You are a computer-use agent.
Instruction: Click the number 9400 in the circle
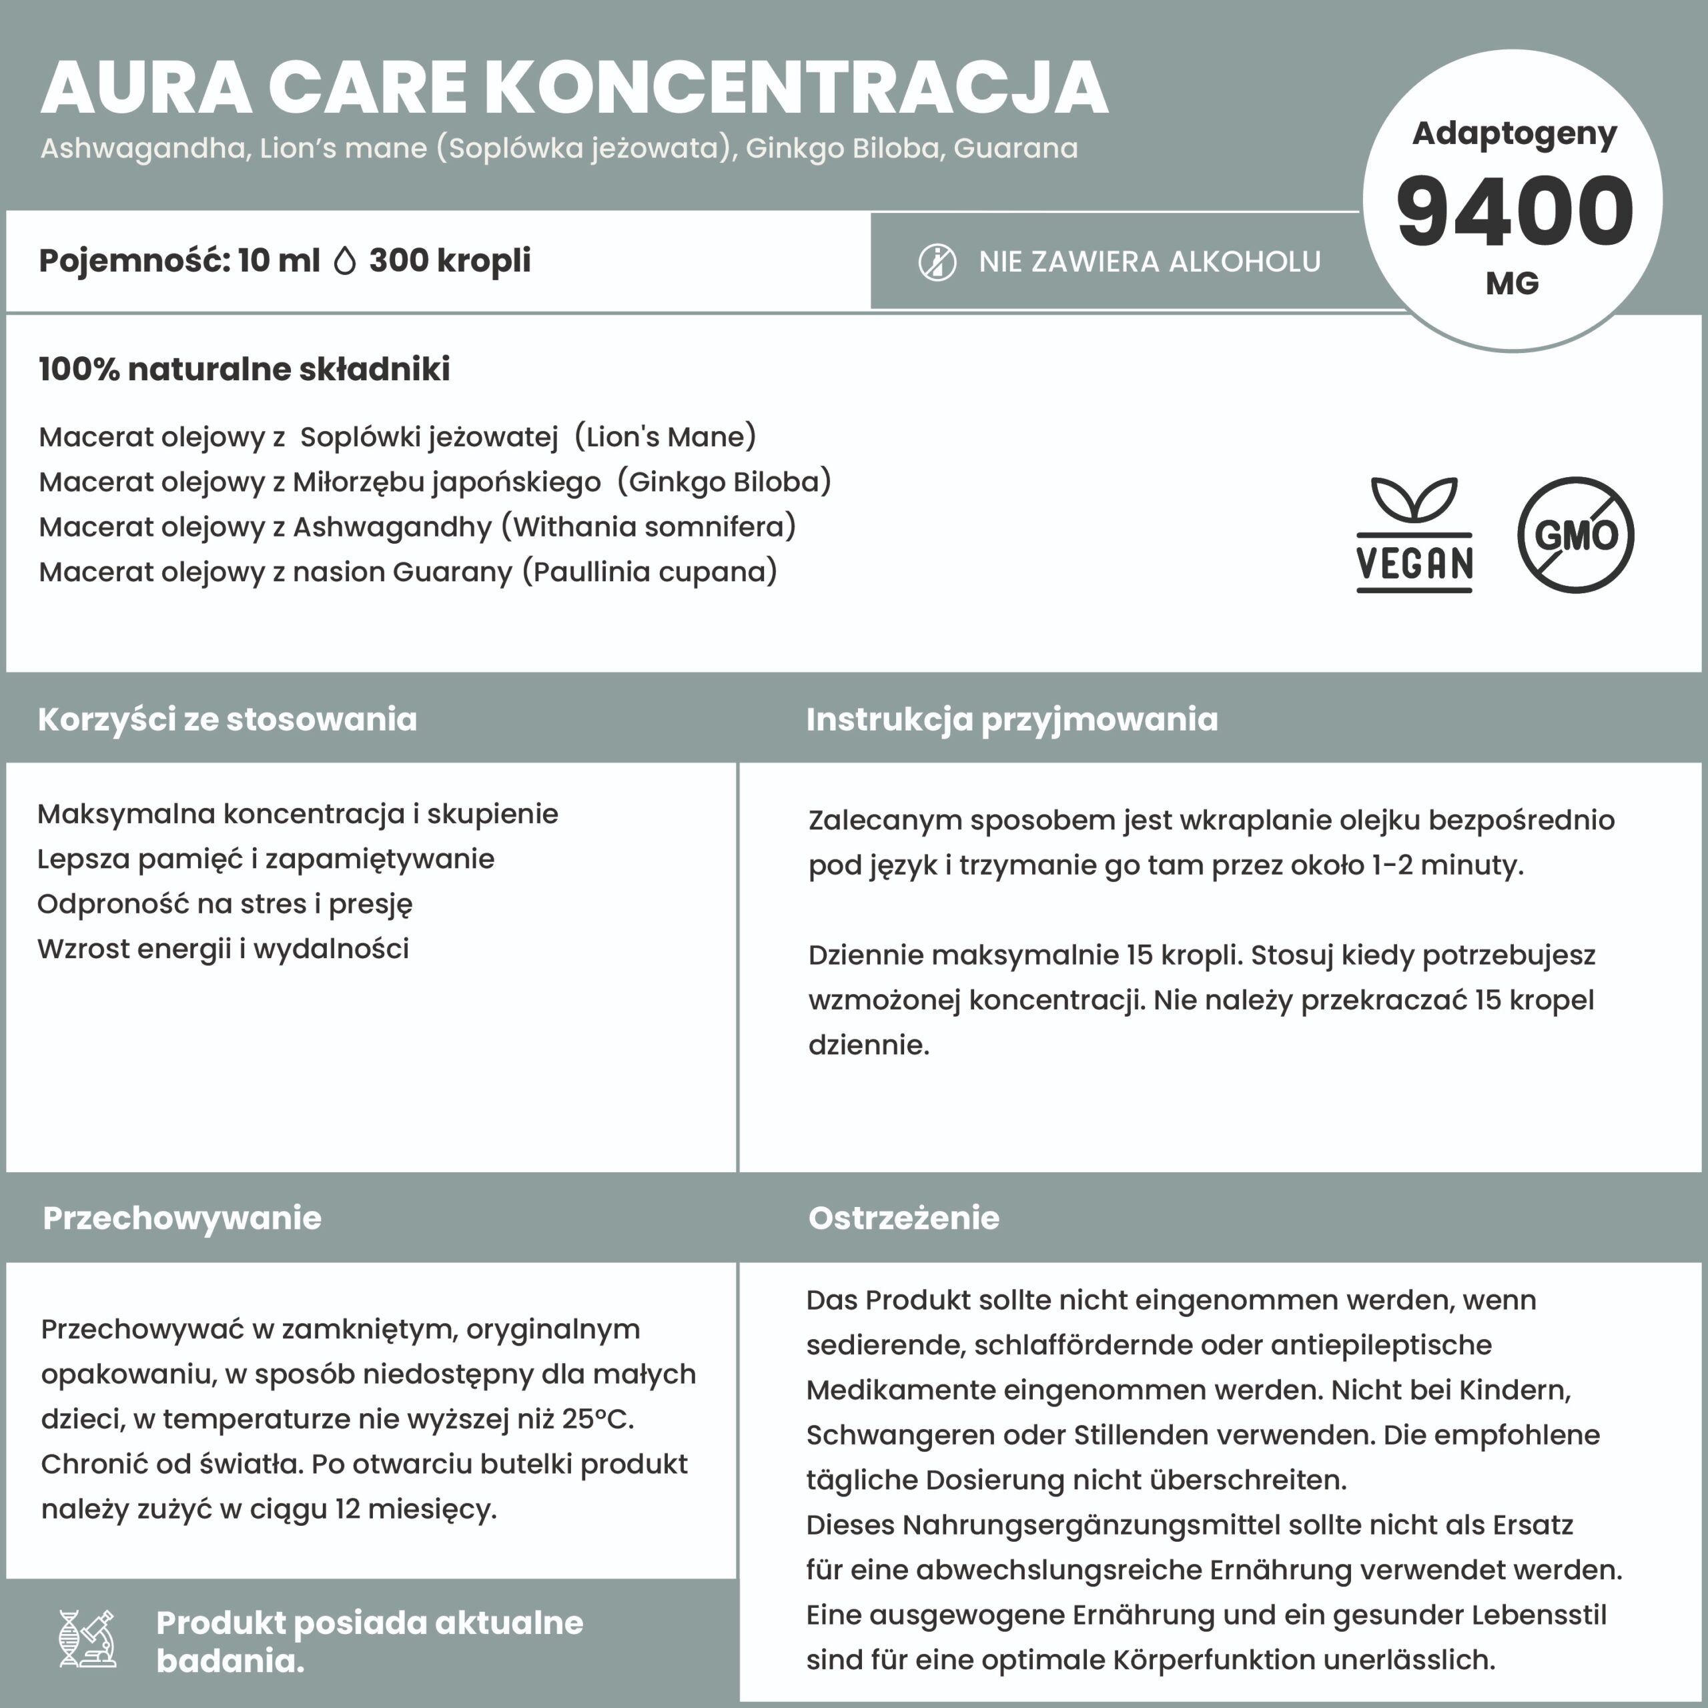click(1513, 212)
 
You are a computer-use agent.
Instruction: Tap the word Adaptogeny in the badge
click(1513, 134)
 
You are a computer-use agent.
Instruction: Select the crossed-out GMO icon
click(1575, 535)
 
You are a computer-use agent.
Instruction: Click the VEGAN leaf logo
click(1414, 535)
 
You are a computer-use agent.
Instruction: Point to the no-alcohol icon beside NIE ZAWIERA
click(937, 263)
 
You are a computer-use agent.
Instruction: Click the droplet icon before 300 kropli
click(345, 261)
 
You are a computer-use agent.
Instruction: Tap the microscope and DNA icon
click(87, 1638)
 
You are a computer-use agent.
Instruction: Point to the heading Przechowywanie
click(182, 1218)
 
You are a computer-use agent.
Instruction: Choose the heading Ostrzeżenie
click(903, 1218)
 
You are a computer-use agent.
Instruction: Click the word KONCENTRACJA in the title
click(796, 89)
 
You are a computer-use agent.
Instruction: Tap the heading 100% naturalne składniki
click(244, 369)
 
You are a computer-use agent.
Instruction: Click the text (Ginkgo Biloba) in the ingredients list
click(724, 482)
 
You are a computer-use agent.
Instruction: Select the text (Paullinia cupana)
click(650, 572)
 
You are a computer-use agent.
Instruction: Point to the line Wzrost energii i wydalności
click(223, 949)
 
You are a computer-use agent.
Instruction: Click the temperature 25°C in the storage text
click(596, 1419)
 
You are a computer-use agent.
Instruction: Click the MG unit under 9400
click(1513, 283)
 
